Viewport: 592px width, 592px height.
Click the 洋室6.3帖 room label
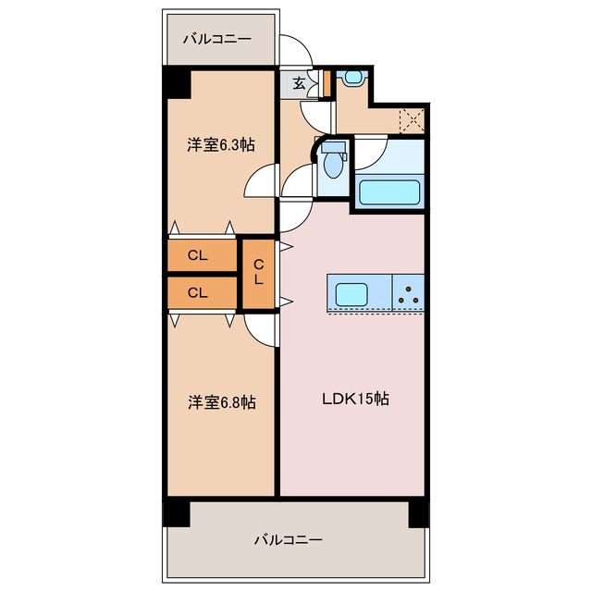pyautogui.click(x=222, y=144)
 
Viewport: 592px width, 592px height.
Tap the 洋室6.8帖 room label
pyautogui.click(x=222, y=402)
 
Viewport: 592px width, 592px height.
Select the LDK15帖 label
pyautogui.click(x=354, y=400)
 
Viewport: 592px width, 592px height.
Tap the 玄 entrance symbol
pyautogui.click(x=300, y=83)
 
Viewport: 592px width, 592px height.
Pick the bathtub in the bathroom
pyautogui.click(x=389, y=193)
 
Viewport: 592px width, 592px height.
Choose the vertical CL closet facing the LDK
pyautogui.click(x=259, y=273)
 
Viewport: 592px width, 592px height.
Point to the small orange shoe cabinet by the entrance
pyautogui.click(x=327, y=83)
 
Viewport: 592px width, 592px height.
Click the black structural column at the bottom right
pyautogui.click(x=419, y=513)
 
